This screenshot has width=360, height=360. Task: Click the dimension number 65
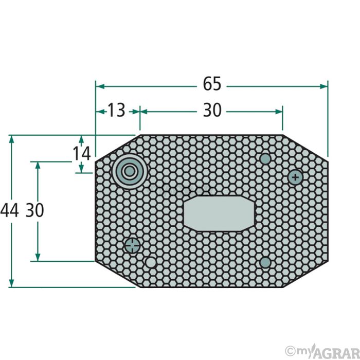coord(212,83)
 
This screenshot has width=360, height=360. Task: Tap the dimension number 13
coord(116,110)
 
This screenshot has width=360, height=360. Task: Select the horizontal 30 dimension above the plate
coord(212,110)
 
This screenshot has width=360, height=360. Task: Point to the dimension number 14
coord(82,154)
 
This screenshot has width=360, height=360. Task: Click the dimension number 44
coord(9,210)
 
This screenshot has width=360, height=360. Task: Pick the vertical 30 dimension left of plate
coord(34,210)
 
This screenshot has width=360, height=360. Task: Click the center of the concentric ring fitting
coord(130,171)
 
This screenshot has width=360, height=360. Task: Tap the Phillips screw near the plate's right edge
coord(296,177)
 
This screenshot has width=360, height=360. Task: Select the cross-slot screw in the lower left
coord(132,245)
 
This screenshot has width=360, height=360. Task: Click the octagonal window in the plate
coord(219,213)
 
